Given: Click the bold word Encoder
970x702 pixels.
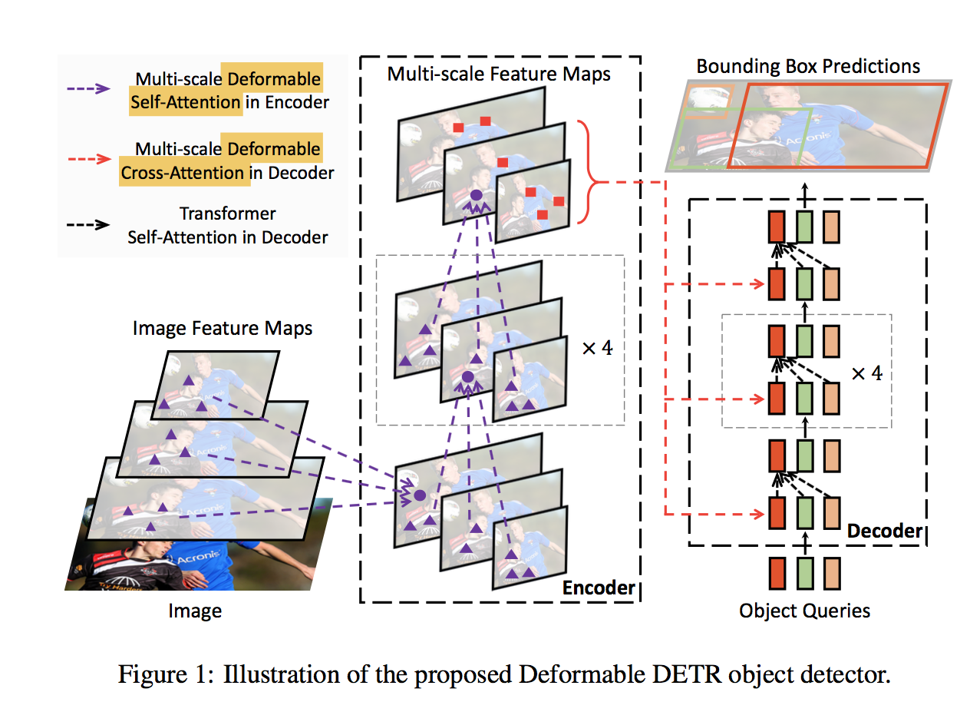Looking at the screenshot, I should (599, 588).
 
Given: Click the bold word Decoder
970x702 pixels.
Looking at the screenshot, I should (884, 531).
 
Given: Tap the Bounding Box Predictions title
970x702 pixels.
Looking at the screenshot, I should (808, 66).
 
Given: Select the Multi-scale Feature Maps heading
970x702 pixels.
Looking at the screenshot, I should (499, 74).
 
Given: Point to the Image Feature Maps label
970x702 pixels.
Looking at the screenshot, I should (223, 329).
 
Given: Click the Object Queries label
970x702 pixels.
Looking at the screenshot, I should (804, 611).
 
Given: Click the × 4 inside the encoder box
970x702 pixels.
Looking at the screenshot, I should (597, 347).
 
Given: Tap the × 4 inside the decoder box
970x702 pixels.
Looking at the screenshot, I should (867, 374).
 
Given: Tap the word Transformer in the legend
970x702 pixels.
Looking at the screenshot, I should (227, 214).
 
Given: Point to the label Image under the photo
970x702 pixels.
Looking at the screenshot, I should (195, 611).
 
